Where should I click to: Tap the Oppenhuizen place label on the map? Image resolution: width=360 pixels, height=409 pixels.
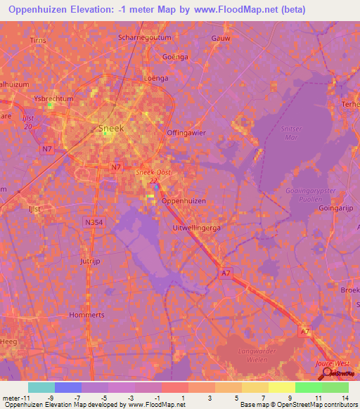point(184,200)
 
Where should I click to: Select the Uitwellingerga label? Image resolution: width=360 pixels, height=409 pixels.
point(198,228)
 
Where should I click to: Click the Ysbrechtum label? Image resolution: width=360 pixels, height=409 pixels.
point(54,99)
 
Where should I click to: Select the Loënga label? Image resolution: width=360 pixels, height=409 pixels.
point(156,78)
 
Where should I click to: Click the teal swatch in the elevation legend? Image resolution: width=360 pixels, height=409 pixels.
point(41,387)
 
